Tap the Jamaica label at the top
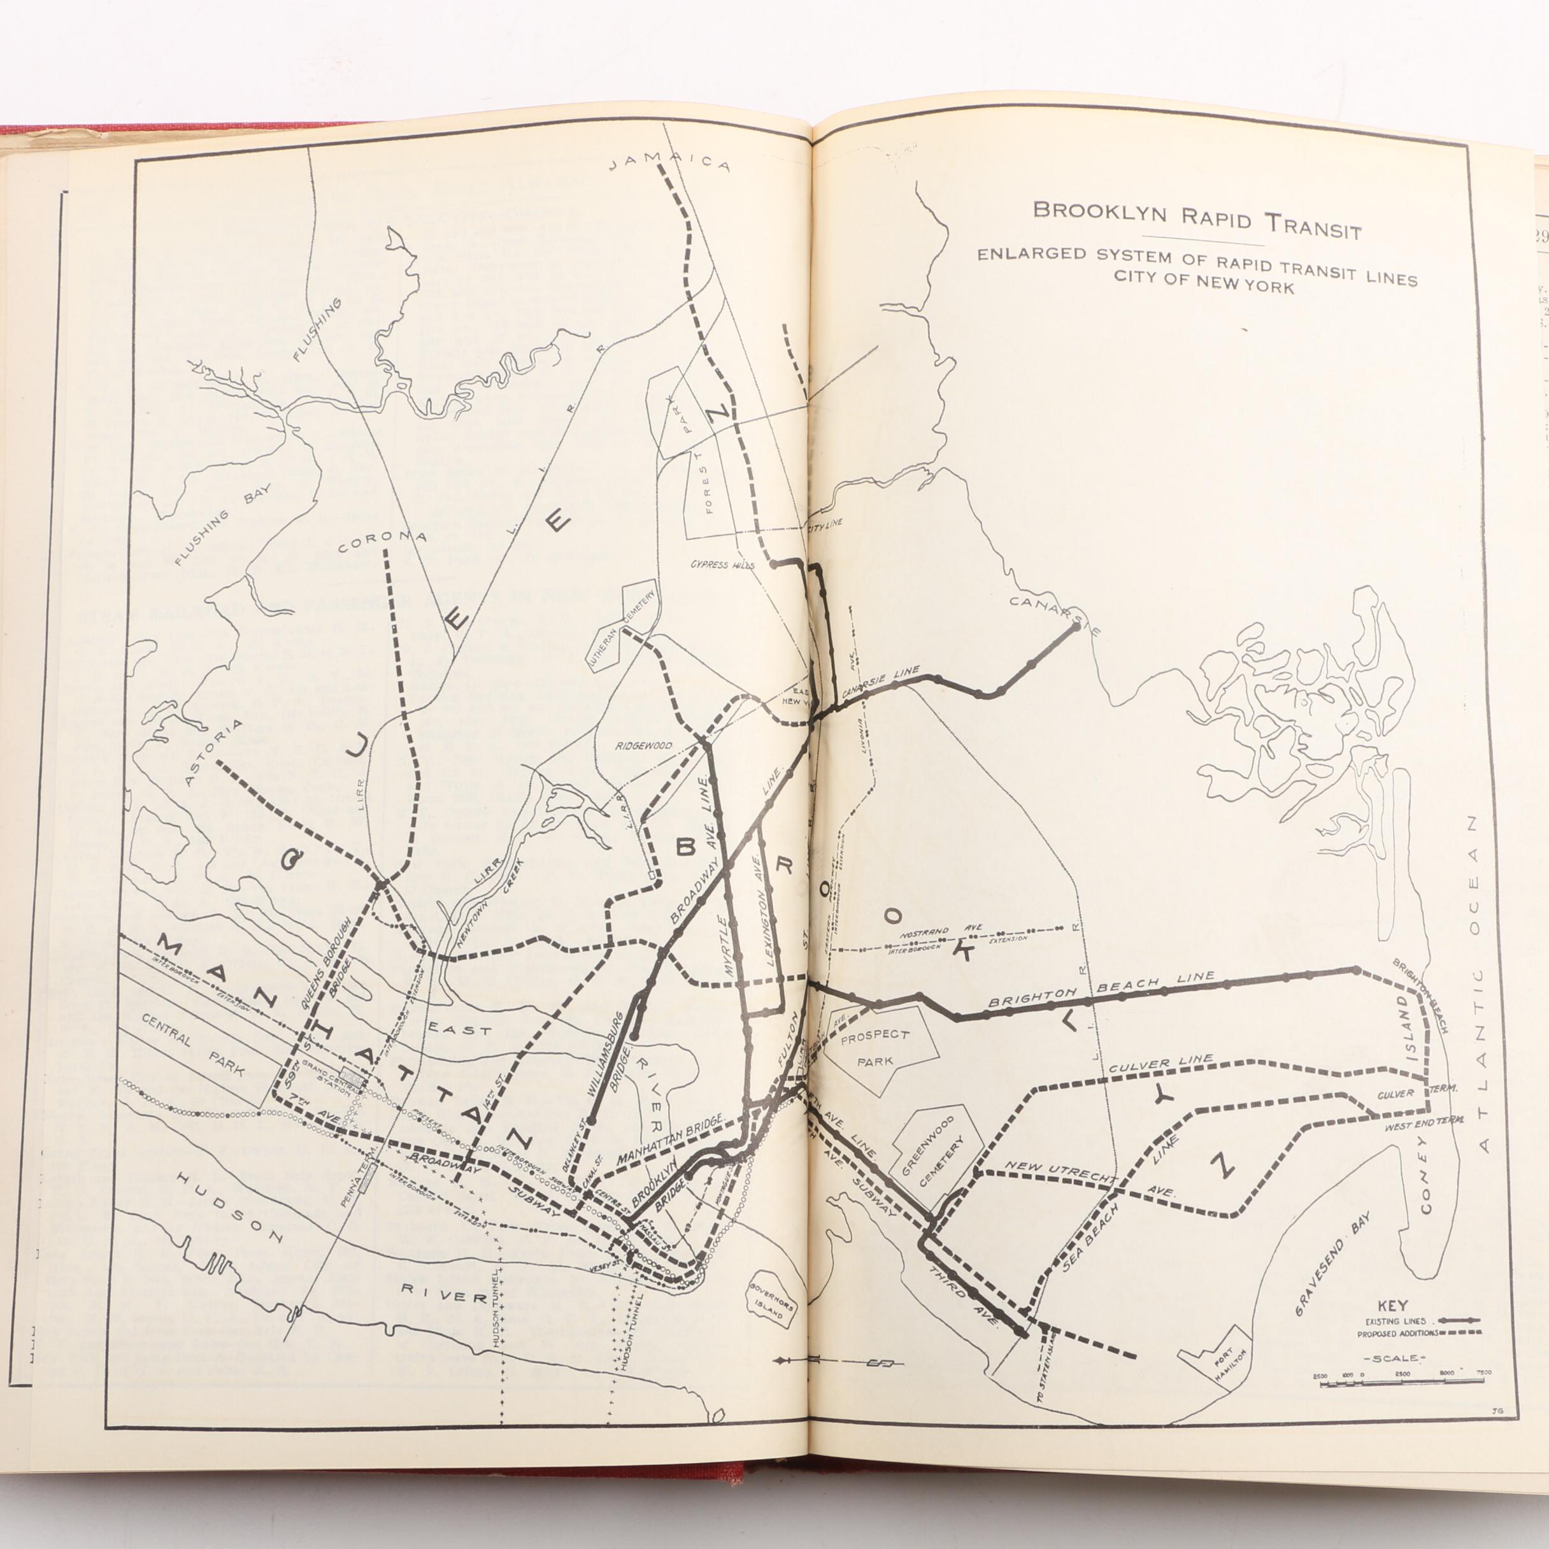pyautogui.click(x=670, y=161)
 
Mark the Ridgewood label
pyautogui.click(x=644, y=746)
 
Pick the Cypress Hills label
pyautogui.click(x=722, y=564)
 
